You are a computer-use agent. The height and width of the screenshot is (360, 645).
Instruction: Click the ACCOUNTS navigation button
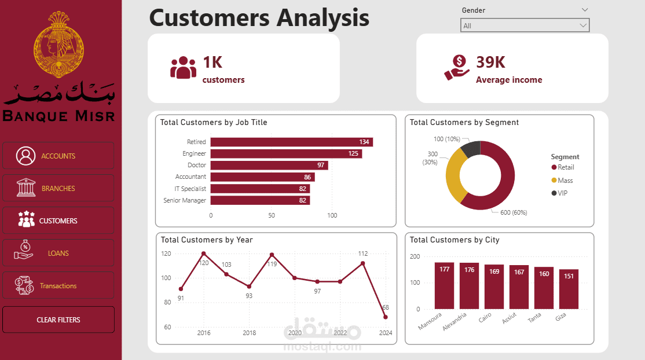[x=58, y=156]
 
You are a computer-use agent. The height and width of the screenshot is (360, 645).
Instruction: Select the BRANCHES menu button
[x=58, y=188]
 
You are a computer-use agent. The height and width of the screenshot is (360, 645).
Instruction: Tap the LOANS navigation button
[x=58, y=253]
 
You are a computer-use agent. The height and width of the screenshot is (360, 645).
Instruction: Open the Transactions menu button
[x=58, y=285]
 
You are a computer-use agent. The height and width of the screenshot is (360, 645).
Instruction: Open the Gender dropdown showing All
[x=525, y=25]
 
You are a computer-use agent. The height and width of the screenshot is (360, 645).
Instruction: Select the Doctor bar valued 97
[x=269, y=165]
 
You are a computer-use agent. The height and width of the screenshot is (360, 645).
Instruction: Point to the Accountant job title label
[x=190, y=177]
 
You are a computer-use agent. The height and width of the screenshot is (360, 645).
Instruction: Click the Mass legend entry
[x=565, y=181]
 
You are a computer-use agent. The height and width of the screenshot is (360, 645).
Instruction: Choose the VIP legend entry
[x=562, y=193]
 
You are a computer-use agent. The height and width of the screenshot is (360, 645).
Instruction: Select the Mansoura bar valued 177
[x=445, y=285]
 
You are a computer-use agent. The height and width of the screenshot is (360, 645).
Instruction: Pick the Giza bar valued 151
[x=569, y=289]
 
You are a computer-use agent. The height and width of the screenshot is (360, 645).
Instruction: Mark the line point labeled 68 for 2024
[x=385, y=317]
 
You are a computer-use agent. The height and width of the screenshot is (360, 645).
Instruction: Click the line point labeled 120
[x=204, y=254]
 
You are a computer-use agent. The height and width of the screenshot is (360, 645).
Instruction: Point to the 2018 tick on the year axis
[x=249, y=333]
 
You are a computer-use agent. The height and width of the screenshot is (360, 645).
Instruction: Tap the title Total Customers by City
[x=455, y=240]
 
